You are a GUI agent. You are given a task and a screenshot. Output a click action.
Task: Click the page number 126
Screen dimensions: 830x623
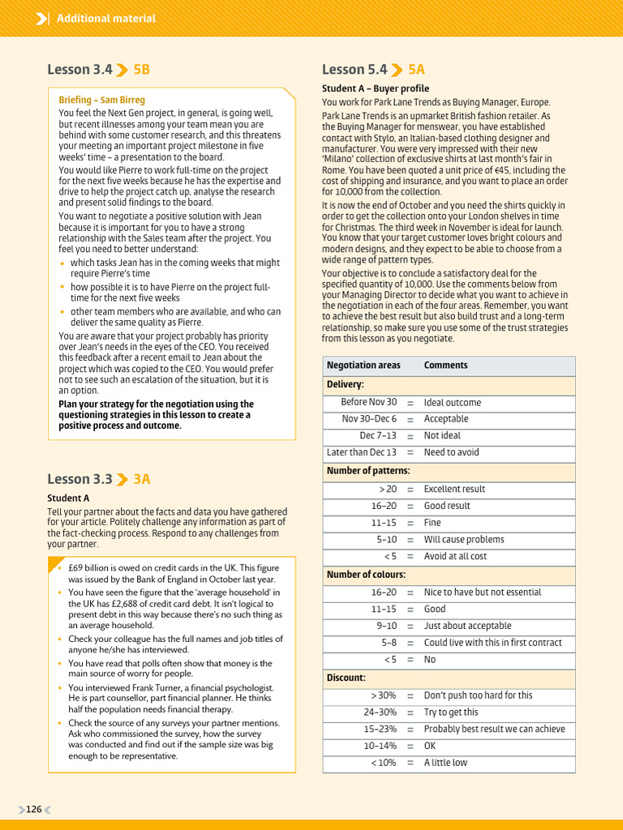(33, 809)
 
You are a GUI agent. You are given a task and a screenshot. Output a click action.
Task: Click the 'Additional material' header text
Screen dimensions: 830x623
(106, 18)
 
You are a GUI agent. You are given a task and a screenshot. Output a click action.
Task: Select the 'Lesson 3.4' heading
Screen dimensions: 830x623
(79, 70)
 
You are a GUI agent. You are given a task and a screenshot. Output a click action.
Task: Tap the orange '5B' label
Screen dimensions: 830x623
(141, 70)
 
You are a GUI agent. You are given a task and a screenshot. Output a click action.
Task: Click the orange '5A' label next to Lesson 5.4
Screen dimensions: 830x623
(416, 70)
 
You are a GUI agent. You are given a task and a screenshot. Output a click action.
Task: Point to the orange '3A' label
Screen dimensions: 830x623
(141, 479)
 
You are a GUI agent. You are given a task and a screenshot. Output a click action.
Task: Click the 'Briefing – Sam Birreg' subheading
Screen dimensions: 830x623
(101, 100)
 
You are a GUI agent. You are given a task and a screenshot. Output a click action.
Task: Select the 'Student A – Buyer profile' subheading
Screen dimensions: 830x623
(376, 88)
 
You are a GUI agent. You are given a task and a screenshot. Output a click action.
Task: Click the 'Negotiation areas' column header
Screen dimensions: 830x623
(363, 366)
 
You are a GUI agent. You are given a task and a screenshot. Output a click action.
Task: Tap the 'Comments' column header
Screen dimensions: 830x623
(445, 366)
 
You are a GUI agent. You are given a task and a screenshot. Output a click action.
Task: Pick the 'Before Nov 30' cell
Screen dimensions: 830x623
(368, 402)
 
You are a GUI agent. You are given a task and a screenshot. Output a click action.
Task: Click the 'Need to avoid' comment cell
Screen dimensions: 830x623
(451, 452)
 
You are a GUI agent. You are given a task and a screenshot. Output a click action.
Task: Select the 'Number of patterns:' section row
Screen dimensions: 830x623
(368, 471)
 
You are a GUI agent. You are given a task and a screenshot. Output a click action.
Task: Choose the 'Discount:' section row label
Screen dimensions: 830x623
(346, 678)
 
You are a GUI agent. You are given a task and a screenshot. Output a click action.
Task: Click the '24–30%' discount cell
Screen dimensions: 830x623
(380, 712)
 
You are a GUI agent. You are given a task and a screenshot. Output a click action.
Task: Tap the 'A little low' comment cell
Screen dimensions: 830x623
(445, 763)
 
